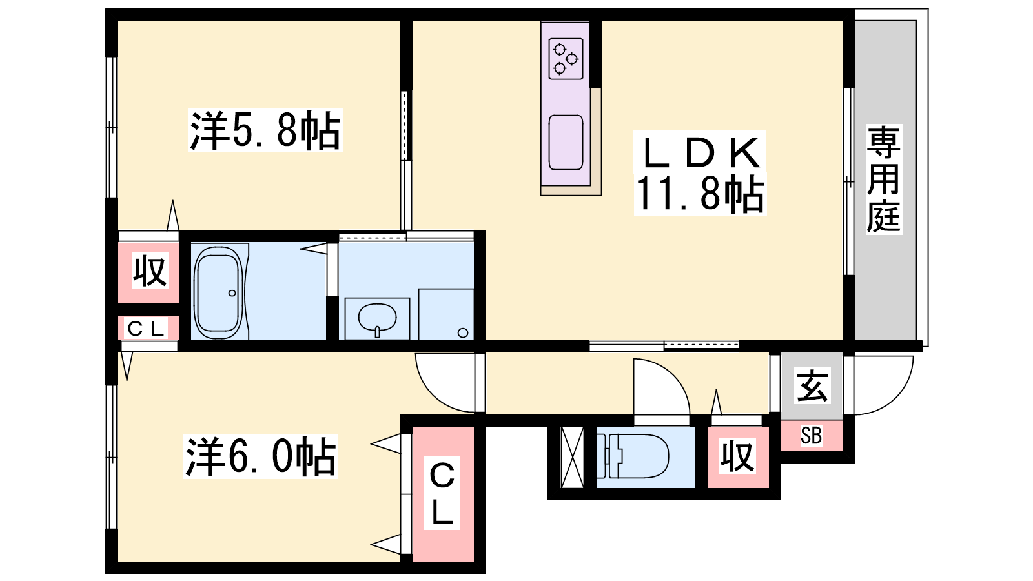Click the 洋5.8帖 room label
tap(265, 130)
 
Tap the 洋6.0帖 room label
tap(261, 456)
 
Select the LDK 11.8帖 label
tap(700, 173)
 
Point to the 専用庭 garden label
tap(884, 179)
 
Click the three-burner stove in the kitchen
tap(566, 59)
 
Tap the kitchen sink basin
tap(566, 143)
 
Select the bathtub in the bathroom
tap(218, 290)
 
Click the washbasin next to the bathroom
tap(377, 319)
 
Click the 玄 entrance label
tap(812, 385)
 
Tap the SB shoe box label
tap(811, 435)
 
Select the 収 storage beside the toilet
tap(738, 456)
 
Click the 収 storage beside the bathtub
tap(149, 272)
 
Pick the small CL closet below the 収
tap(148, 328)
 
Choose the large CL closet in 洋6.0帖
tap(443, 494)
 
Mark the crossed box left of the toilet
tap(572, 457)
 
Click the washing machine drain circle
tap(463, 332)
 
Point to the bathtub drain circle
tap(232, 293)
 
